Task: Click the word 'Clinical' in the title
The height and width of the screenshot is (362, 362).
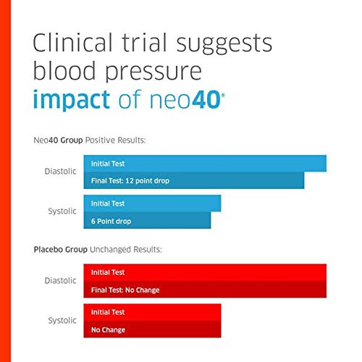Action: coord(72,43)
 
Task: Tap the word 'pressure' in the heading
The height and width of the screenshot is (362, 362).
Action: coord(153,72)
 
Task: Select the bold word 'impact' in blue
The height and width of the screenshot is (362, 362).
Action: coord(72,99)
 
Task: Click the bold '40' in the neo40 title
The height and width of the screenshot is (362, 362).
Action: coord(206,99)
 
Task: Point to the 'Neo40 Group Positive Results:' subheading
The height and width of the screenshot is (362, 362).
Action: coord(90,140)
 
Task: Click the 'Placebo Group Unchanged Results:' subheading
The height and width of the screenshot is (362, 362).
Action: coord(98,249)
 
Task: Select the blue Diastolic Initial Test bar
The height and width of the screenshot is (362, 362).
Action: coord(205,164)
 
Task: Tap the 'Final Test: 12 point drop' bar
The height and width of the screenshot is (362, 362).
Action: coord(194,180)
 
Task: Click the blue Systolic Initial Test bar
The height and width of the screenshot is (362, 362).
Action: coord(152,203)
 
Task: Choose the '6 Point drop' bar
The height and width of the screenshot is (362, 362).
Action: coord(147,220)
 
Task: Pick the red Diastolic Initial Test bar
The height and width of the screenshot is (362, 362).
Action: coord(205,272)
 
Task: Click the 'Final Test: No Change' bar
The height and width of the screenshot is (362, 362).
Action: coord(205,290)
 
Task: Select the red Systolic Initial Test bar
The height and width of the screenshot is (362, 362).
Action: coord(152,312)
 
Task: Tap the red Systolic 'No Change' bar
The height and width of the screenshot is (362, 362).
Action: coord(152,329)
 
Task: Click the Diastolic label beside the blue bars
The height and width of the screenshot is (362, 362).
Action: coord(61,172)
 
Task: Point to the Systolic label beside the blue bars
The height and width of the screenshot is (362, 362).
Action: coord(62,211)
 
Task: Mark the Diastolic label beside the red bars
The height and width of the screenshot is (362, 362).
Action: coord(61,281)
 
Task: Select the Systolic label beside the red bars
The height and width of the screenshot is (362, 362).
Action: coord(62,321)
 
